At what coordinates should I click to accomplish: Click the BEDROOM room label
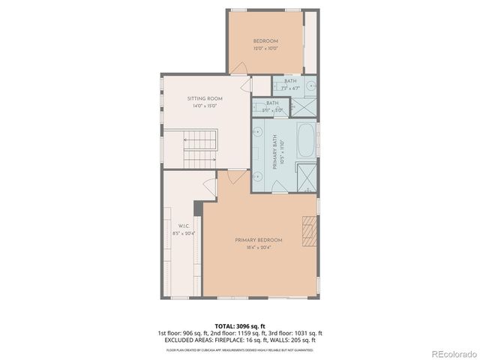tap(265, 40)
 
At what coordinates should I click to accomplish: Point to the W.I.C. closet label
tap(183, 226)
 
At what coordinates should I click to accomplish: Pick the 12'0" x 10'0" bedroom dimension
tap(265, 48)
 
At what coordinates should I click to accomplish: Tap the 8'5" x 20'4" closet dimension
tap(183, 233)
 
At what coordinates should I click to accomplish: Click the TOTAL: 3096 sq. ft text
tap(239, 326)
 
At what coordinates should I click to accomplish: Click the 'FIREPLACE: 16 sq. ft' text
tap(244, 340)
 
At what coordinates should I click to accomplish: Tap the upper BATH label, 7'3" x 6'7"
tap(290, 84)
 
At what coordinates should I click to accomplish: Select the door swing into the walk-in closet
tap(210, 186)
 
